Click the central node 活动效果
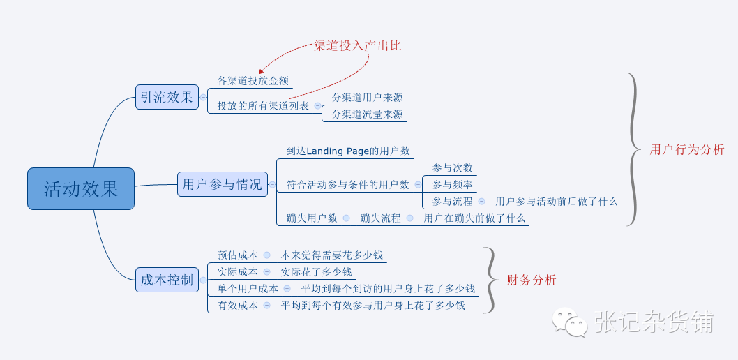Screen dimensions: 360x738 [81, 188]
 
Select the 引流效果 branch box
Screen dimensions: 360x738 [167, 97]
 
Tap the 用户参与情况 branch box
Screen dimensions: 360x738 [222, 184]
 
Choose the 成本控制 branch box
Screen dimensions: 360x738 [167, 280]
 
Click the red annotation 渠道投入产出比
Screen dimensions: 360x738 [358, 45]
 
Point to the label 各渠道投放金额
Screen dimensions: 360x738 [253, 80]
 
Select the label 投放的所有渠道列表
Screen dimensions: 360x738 [263, 106]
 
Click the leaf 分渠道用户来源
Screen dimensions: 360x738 [367, 98]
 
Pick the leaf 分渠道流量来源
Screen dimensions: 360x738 [367, 114]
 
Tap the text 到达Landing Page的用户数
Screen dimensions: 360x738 [348, 151]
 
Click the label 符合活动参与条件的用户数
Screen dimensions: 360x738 [348, 184]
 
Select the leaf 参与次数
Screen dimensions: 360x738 [452, 167]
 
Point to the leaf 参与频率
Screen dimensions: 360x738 [452, 184]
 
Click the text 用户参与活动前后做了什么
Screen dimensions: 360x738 [556, 201]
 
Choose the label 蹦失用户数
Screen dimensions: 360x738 [312, 218]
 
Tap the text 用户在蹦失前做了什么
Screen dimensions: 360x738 [474, 218]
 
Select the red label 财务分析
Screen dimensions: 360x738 [531, 280]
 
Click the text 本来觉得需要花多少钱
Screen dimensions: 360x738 [331, 255]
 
